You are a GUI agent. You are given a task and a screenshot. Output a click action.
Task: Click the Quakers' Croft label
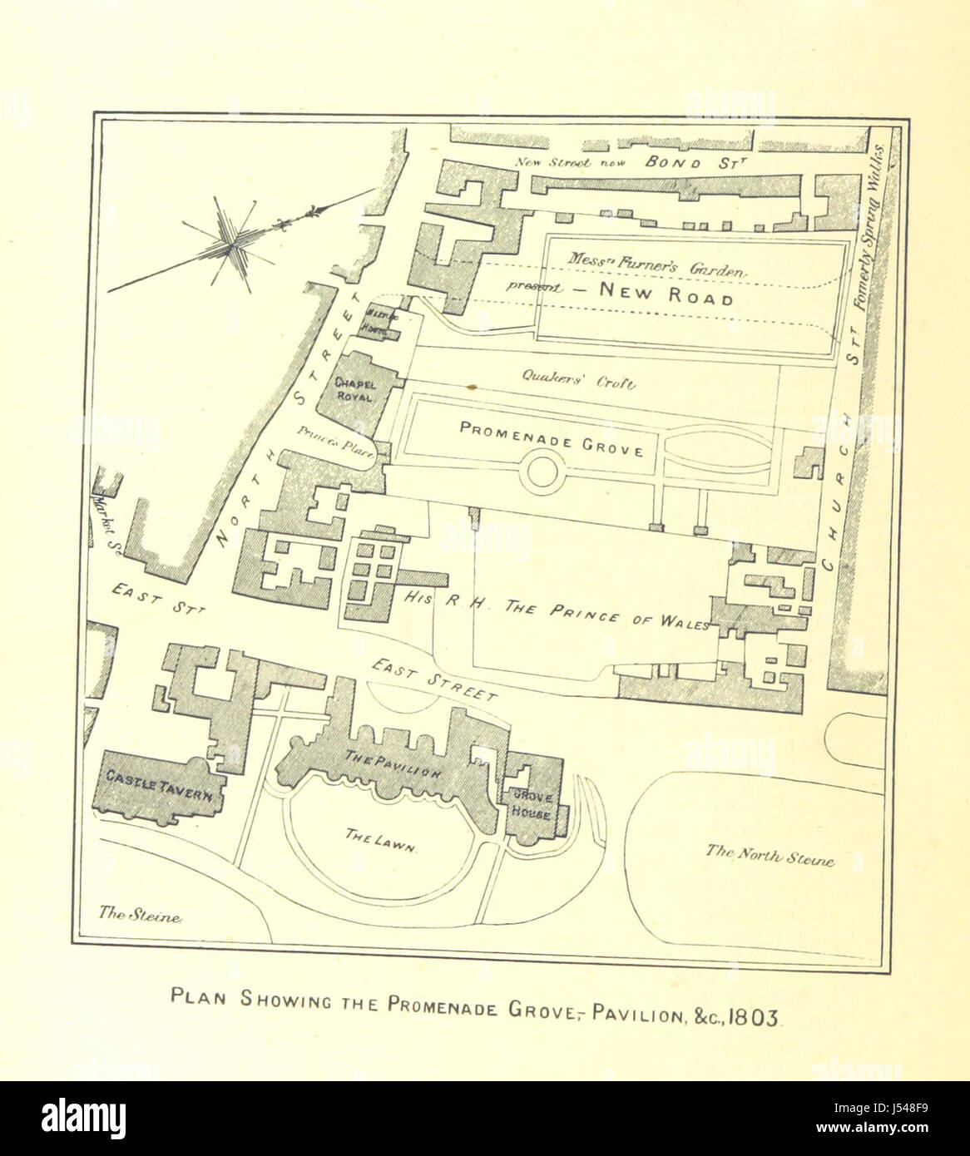coord(578,383)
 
